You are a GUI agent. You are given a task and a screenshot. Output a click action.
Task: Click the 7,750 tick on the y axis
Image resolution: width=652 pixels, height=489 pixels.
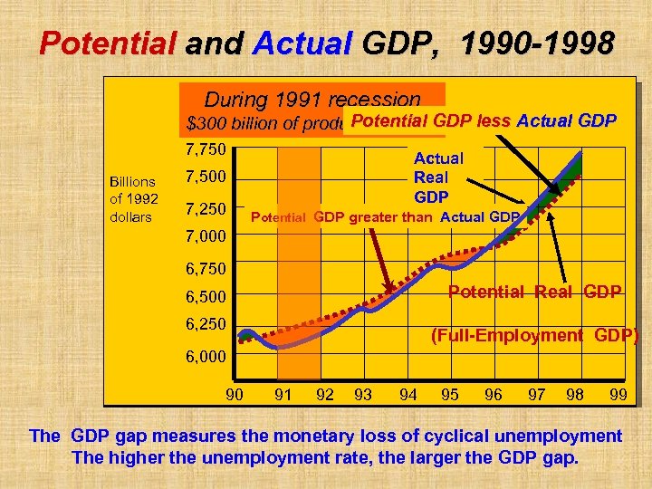(x=205, y=149)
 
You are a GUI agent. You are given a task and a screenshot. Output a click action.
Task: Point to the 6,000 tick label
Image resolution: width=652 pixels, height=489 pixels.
(x=205, y=357)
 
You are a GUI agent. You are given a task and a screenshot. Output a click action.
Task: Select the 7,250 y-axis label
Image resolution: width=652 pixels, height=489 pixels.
(x=205, y=209)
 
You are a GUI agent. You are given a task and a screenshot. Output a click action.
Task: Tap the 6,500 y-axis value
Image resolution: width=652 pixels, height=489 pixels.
(x=205, y=297)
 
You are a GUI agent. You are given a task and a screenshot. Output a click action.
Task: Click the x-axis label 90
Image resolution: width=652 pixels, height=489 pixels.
(x=234, y=394)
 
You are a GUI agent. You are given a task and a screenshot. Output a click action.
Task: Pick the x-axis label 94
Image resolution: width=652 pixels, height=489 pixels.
(x=407, y=394)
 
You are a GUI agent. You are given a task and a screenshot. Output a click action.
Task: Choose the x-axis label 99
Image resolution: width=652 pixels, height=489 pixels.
(x=618, y=394)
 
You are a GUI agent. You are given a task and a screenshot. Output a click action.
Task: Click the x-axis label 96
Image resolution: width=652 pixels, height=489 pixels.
(x=494, y=394)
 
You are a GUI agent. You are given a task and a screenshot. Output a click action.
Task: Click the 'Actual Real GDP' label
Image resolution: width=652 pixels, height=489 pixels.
(x=438, y=177)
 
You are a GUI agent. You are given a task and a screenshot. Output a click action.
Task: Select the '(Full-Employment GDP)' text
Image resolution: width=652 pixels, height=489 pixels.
(x=534, y=336)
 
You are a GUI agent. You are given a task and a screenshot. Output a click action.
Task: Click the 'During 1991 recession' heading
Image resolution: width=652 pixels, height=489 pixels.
(x=312, y=100)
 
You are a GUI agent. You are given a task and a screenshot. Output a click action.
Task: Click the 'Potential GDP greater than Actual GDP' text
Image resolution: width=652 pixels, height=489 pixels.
(x=384, y=216)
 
